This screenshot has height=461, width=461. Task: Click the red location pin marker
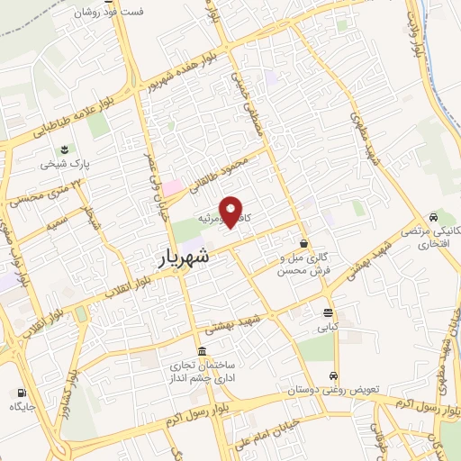coord(232,212)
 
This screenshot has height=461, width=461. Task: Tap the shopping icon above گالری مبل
coord(304,244)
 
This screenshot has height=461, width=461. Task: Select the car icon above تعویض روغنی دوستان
coord(334,376)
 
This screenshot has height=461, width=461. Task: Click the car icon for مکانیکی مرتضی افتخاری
coord(434,218)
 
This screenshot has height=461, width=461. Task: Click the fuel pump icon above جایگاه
coord(21,393)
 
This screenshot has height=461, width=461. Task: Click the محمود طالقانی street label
coord(220,170)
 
